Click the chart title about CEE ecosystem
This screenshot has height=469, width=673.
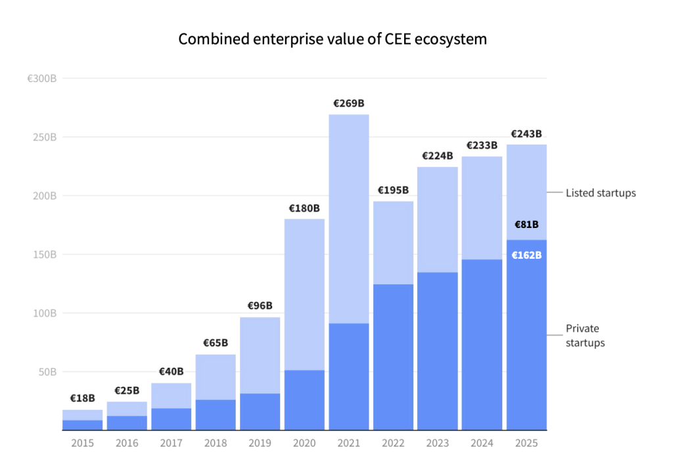(x=333, y=39)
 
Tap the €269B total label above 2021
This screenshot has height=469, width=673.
(x=348, y=103)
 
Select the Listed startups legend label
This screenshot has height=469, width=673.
(x=601, y=193)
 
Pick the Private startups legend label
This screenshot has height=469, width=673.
(x=585, y=336)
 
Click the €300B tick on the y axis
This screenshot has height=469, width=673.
(x=41, y=79)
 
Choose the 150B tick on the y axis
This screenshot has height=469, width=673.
(x=45, y=255)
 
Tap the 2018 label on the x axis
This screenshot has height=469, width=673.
(x=216, y=443)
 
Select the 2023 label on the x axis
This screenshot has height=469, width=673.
(x=438, y=443)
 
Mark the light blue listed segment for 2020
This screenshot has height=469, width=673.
(x=304, y=294)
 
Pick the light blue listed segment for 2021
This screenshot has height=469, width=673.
(x=348, y=219)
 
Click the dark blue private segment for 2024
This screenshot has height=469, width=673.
(x=482, y=344)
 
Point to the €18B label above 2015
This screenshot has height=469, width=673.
(x=83, y=398)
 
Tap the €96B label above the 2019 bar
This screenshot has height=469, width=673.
(x=260, y=305)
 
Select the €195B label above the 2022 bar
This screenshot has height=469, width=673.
(x=393, y=190)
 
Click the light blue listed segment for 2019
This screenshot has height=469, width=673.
(x=260, y=355)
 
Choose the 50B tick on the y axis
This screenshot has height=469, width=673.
(x=47, y=372)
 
